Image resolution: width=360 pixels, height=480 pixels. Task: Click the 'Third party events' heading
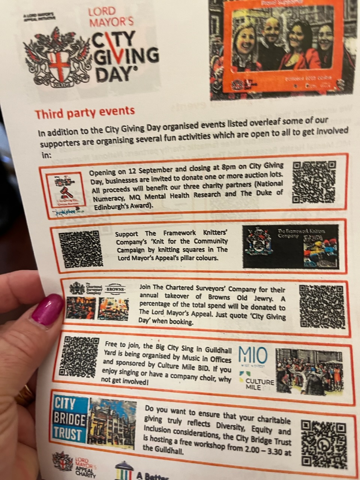click(85, 112)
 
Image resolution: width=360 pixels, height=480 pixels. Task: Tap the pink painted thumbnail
click(47, 309)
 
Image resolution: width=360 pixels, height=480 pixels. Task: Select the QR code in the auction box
click(313, 182)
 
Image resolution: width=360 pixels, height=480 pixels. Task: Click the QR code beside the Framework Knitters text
click(81, 249)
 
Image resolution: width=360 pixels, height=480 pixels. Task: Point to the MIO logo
click(253, 356)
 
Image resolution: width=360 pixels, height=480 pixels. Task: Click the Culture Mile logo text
click(259, 383)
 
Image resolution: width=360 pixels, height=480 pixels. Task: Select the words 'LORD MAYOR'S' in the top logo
click(110, 17)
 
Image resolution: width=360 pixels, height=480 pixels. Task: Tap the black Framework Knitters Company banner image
click(291, 246)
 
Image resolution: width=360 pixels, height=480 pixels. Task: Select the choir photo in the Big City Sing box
click(309, 372)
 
